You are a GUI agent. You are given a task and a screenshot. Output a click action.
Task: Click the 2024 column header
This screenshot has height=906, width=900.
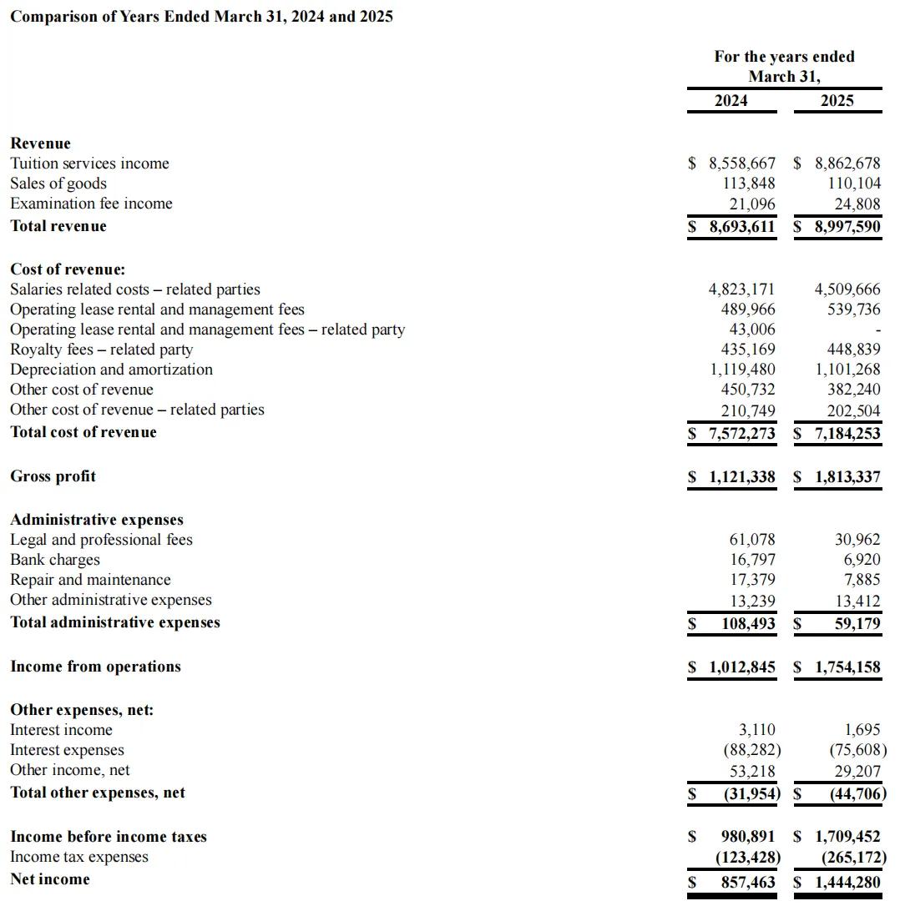click(731, 100)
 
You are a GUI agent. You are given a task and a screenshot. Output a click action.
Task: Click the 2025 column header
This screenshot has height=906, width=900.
click(837, 100)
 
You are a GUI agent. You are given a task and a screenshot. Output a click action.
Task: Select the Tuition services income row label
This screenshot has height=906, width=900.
click(89, 164)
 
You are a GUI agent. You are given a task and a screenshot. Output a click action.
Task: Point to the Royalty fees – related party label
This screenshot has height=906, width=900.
click(101, 350)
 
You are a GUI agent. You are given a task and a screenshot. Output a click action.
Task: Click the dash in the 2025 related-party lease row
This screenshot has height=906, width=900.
click(877, 330)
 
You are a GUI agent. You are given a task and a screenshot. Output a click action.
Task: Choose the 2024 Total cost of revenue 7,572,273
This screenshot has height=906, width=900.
click(741, 432)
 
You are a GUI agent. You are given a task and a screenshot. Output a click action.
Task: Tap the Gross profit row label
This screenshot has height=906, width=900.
click(53, 476)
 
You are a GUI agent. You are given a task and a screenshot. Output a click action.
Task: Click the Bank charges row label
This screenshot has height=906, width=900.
click(54, 560)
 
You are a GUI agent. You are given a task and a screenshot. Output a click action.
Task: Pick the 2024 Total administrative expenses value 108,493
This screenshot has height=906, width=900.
click(748, 623)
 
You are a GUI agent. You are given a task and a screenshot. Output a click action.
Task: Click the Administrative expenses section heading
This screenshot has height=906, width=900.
click(96, 520)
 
